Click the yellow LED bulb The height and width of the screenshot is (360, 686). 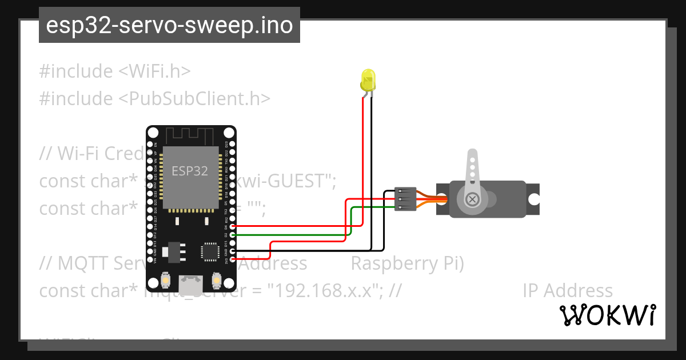[x=368, y=80]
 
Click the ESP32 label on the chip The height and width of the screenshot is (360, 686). [x=190, y=171]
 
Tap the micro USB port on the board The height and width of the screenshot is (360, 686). [x=190, y=285]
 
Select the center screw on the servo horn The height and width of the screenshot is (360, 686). [x=472, y=199]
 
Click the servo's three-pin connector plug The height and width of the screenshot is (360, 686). [x=403, y=199]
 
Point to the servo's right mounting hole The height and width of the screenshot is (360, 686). [x=533, y=199]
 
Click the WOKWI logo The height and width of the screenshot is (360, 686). [x=607, y=315]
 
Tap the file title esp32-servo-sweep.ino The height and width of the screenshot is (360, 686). [x=169, y=25]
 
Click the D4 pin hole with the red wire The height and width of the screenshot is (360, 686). [x=233, y=226]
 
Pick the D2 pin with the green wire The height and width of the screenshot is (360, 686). [x=233, y=234]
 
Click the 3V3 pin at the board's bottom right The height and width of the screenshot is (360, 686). [x=233, y=260]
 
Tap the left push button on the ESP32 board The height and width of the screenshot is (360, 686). [x=165, y=280]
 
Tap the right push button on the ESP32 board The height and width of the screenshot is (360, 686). [x=217, y=280]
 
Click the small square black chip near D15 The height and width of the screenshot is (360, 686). [x=209, y=251]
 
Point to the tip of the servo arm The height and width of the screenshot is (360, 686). [x=472, y=155]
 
